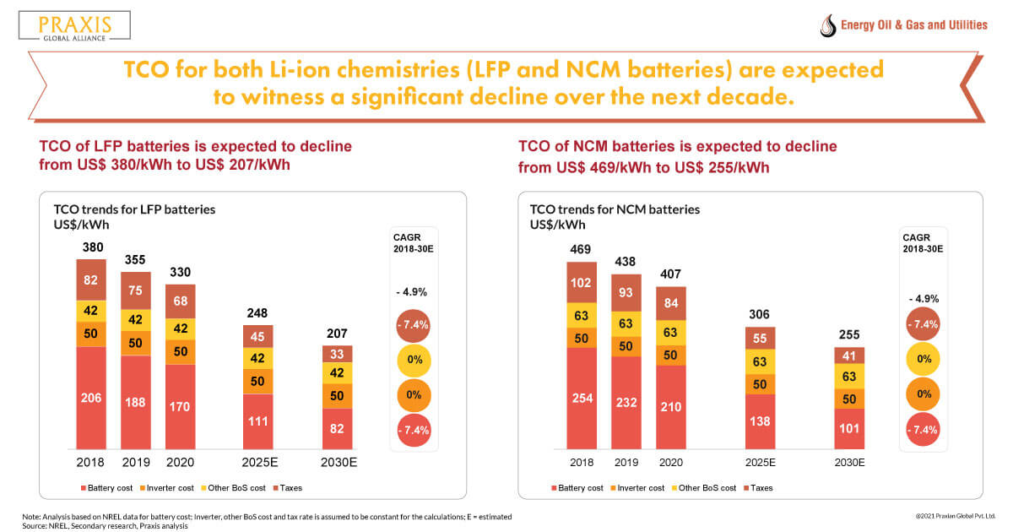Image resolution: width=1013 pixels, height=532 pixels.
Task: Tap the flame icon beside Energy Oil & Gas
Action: [x=828, y=25]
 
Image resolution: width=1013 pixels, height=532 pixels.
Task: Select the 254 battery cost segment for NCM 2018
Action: [x=581, y=397]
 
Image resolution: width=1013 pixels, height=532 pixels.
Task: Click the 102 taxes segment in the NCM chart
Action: [x=581, y=283]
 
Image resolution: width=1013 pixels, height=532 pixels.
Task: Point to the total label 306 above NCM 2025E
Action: [x=759, y=314]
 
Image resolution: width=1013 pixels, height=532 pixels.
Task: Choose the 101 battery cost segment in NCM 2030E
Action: [x=849, y=428]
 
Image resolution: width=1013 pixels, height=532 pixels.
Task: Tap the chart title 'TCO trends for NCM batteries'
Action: [x=615, y=209]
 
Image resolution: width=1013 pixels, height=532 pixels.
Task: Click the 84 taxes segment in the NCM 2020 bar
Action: [x=669, y=303]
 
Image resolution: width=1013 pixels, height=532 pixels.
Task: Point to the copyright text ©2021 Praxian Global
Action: [x=955, y=515]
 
